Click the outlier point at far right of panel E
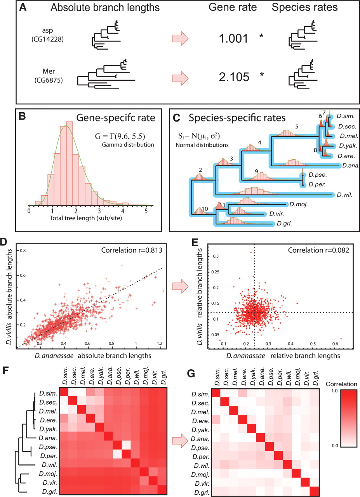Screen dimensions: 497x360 [340, 338]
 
